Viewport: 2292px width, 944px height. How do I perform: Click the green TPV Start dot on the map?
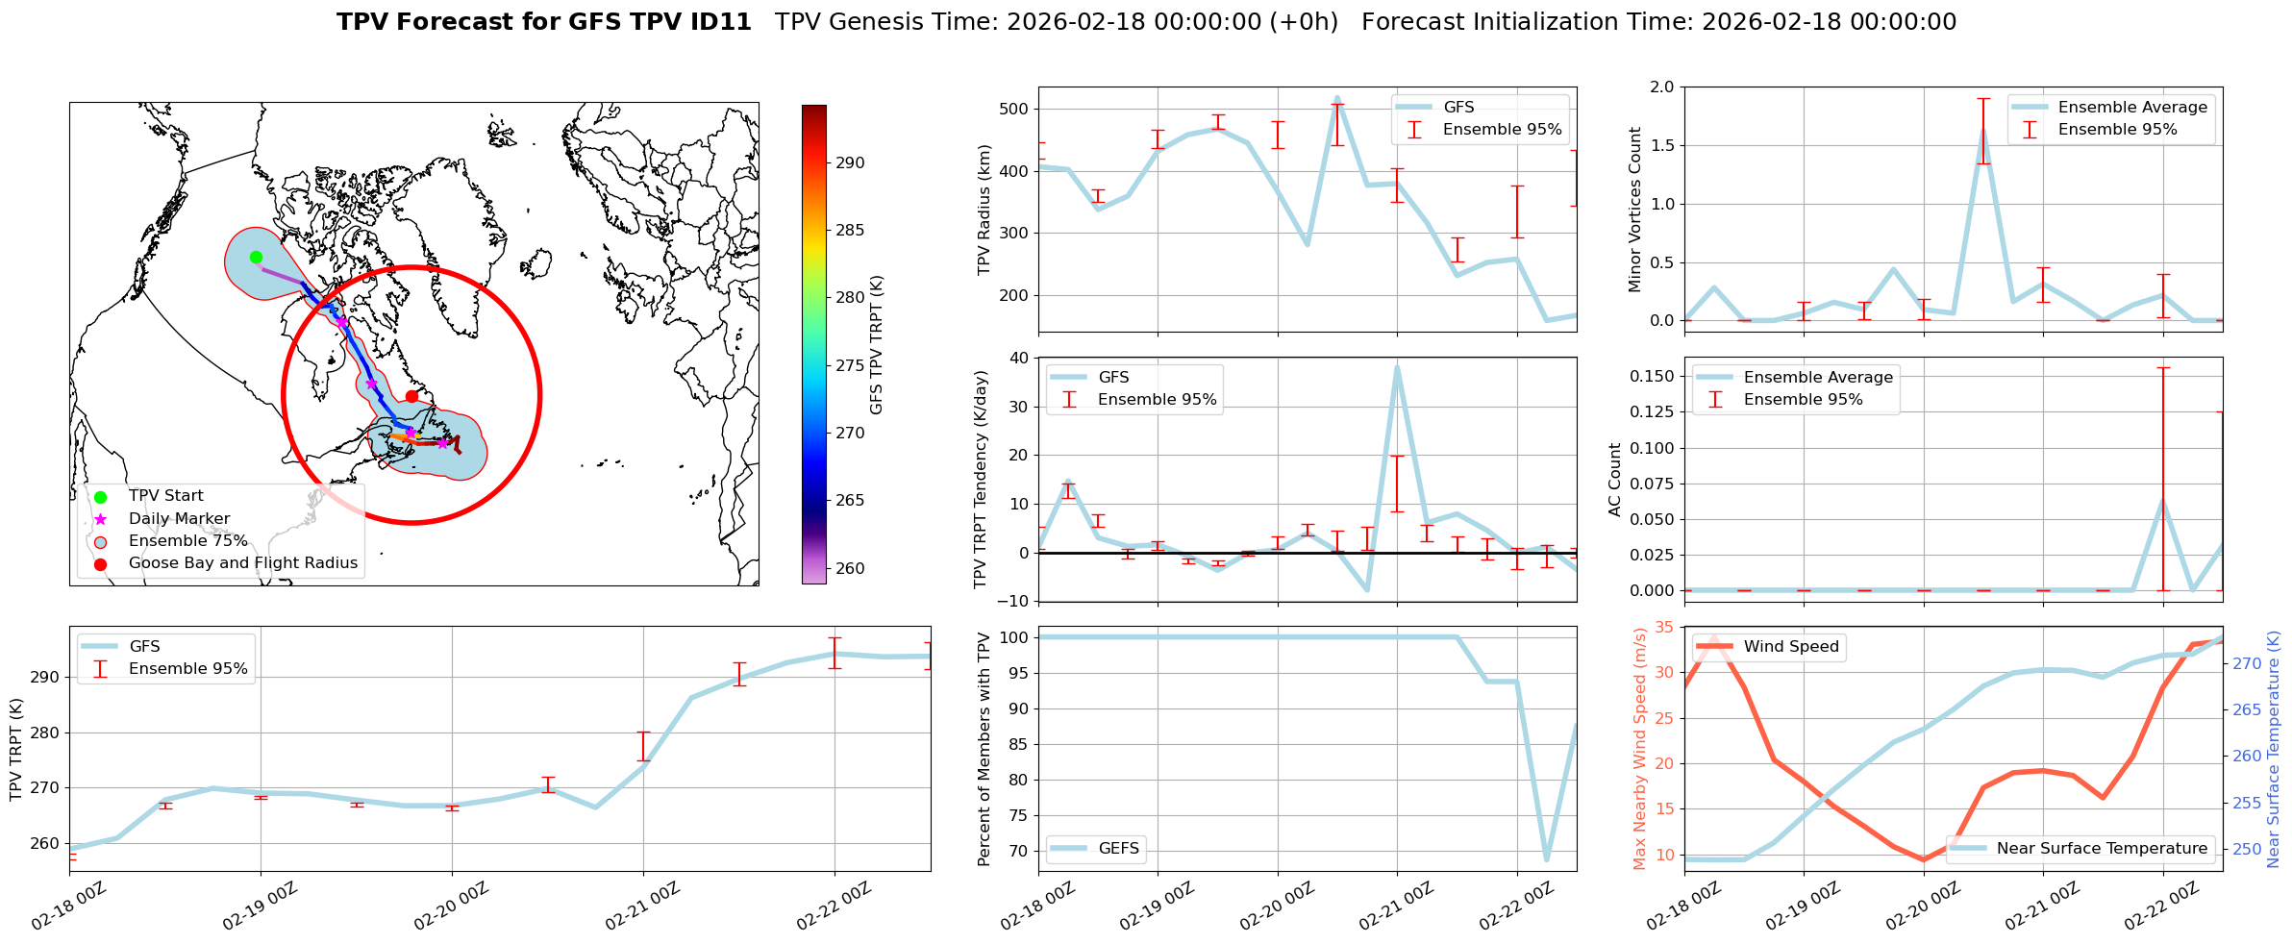coord(256,257)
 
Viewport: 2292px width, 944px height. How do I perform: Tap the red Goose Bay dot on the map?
coord(411,396)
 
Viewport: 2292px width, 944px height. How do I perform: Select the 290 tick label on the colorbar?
coord(850,162)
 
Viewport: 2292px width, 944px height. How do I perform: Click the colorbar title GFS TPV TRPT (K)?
coord(877,344)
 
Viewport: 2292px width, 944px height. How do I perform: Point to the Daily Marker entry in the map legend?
coord(179,519)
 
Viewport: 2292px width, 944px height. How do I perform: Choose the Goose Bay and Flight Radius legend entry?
coord(242,563)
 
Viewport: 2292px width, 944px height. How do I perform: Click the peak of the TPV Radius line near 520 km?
coord(1337,98)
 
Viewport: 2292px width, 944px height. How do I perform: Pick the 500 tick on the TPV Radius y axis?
coord(1015,109)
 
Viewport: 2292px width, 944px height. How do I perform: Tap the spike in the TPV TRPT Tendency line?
coord(1397,366)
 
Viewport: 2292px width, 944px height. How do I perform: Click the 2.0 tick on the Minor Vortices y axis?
coord(1662,87)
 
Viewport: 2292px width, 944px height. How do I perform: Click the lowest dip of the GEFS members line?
coord(1547,859)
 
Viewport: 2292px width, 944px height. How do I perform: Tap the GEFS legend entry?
coord(1118,849)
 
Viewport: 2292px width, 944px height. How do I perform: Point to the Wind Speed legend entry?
coord(1790,647)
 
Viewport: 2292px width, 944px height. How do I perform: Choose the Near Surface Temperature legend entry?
coord(2102,849)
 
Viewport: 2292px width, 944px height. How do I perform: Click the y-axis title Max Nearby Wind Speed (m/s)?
coord(1640,748)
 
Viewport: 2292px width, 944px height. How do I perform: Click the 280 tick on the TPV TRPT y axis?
coord(46,733)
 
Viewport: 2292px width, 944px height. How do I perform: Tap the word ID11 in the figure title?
coord(713,22)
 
